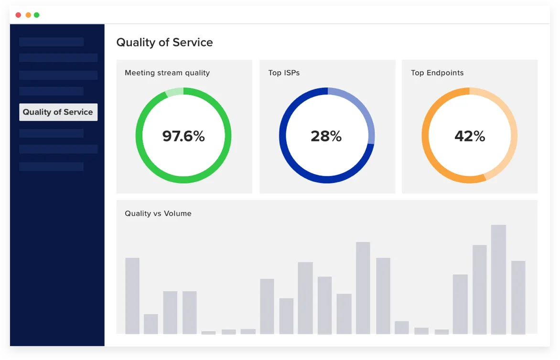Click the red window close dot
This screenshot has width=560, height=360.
click(x=18, y=15)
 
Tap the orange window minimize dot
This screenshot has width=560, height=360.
click(x=28, y=15)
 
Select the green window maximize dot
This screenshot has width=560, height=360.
click(x=37, y=15)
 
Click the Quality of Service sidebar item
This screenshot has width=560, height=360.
click(x=58, y=112)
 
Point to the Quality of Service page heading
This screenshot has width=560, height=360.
click(x=164, y=42)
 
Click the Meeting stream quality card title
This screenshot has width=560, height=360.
click(x=167, y=73)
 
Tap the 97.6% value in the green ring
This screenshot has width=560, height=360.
click(x=183, y=137)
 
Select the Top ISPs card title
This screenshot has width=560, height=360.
click(x=284, y=73)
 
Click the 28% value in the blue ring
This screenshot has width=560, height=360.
click(x=326, y=137)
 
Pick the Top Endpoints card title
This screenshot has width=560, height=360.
click(x=437, y=73)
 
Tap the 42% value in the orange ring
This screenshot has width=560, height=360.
click(x=470, y=137)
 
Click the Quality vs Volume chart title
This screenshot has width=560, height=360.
click(x=158, y=213)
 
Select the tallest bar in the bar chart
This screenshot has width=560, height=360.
click(x=498, y=279)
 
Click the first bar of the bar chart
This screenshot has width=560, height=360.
click(x=132, y=296)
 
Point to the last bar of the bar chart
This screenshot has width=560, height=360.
click(x=518, y=297)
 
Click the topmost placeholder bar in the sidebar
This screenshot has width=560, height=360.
click(x=51, y=42)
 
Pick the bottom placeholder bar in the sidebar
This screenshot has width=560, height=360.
click(x=51, y=167)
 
